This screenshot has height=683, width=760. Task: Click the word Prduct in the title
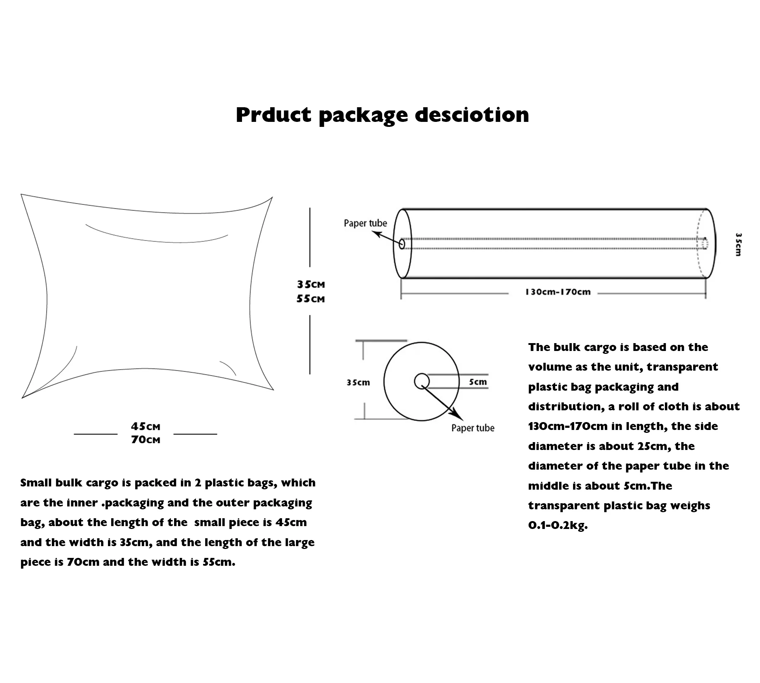coord(273,114)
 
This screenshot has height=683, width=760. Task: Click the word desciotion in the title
coord(472,114)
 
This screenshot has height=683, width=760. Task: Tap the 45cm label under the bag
coord(145,427)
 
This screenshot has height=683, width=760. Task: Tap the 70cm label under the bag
coord(145,440)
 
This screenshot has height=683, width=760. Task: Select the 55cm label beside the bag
coord(310,299)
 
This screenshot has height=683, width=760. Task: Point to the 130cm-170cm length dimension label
coord(558,292)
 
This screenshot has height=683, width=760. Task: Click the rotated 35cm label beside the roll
coord(738,244)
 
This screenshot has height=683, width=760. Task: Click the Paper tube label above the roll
coord(365,223)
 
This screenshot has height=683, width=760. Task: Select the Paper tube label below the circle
coord(473,428)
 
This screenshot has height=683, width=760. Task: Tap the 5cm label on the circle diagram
coord(478,382)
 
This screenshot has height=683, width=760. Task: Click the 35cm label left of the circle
coord(358,383)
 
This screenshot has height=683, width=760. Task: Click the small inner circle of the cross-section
coord(421,381)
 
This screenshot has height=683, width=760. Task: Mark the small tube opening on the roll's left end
coord(402,244)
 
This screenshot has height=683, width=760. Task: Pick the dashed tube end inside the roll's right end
coord(705,243)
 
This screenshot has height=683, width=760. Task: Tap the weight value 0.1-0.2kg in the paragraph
coord(557,525)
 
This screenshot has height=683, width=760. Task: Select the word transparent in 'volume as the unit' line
coord(682,367)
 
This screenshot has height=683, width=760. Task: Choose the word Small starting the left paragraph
coord(36,482)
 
